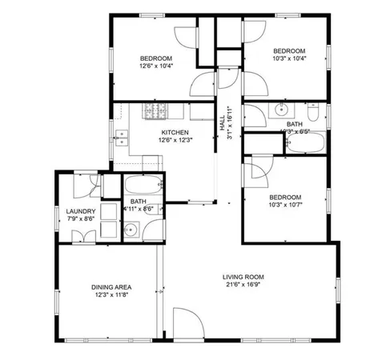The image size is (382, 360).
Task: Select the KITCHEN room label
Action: point(175,132)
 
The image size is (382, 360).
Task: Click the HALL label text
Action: point(222,123)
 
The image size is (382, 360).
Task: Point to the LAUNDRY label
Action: point(80,211)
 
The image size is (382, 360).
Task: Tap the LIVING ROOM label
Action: point(243,277)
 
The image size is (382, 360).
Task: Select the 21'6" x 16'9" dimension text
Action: point(243,285)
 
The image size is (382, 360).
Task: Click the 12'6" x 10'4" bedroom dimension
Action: point(156,66)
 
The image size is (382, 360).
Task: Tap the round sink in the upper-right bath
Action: point(282,110)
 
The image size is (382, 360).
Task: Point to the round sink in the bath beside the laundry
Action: point(132,230)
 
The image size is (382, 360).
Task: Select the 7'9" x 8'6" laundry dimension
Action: point(80,218)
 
